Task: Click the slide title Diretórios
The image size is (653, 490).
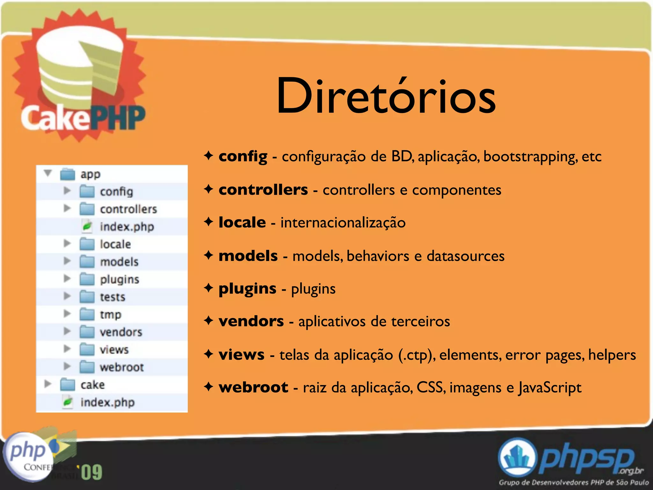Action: tap(386, 96)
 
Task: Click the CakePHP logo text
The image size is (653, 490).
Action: tap(83, 118)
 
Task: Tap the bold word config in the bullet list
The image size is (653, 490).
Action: tap(243, 157)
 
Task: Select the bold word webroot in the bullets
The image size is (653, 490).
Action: tap(253, 387)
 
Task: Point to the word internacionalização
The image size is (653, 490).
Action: tap(343, 222)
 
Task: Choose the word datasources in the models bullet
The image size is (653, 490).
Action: tap(466, 256)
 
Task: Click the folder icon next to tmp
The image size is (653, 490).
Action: tap(87, 315)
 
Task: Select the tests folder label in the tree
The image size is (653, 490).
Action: tap(113, 297)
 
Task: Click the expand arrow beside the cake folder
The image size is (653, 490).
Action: tap(48, 384)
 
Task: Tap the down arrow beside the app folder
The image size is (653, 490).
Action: tap(48, 173)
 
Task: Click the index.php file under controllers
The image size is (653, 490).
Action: tap(127, 226)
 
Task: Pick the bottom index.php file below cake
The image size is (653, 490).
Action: tap(107, 402)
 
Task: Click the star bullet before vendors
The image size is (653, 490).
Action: tap(209, 321)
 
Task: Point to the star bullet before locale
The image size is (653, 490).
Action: tap(209, 222)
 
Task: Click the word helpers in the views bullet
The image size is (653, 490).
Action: tap(612, 355)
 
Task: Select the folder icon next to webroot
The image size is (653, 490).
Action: tap(87, 367)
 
